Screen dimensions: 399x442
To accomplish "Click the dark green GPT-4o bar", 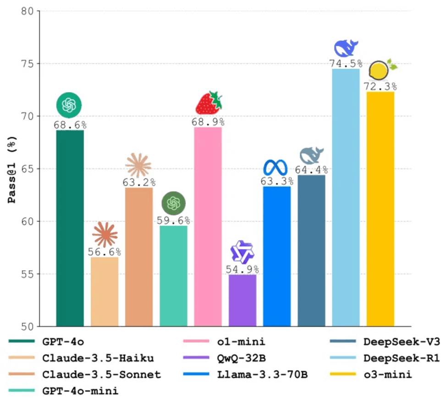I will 70,228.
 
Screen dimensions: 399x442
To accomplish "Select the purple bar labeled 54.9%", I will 242,300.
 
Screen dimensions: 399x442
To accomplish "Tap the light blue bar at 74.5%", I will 346,197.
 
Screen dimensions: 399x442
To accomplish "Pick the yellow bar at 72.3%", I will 380,209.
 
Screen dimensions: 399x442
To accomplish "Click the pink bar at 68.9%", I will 208,227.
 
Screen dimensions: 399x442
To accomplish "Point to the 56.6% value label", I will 105,252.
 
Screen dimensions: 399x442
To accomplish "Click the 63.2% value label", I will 139,182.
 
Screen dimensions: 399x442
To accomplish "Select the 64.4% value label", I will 311,170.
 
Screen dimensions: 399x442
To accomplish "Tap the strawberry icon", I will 208,103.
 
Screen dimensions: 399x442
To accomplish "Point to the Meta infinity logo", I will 277,167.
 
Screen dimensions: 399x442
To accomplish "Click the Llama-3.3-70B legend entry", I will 262,375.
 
